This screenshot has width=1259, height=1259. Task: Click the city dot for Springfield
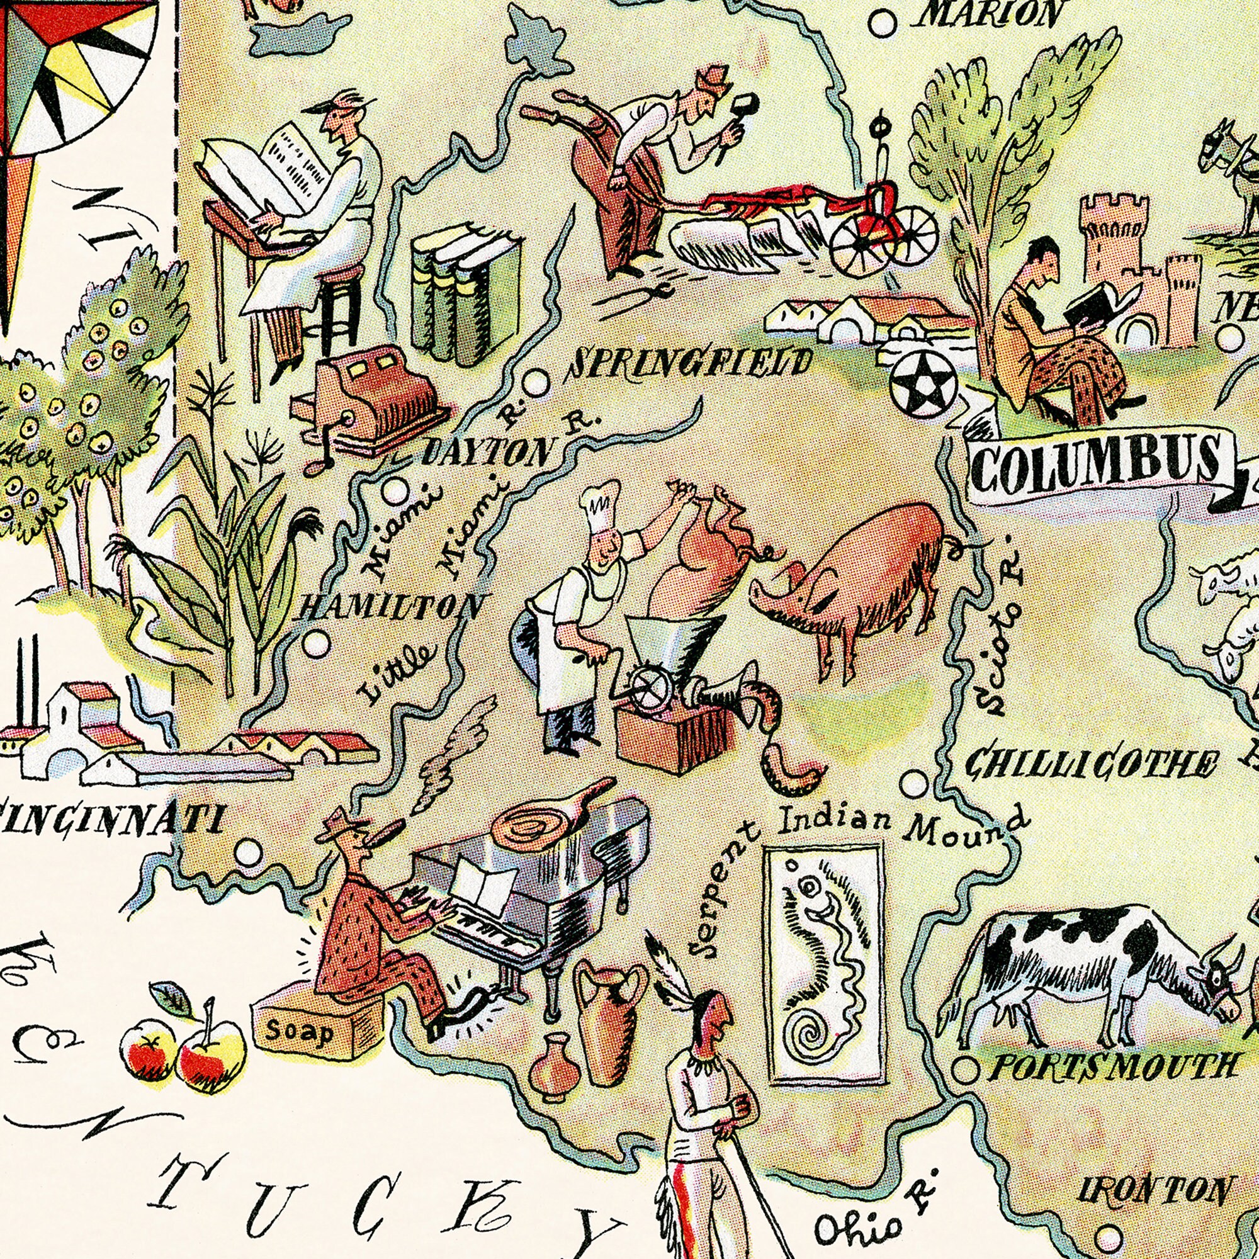point(536,383)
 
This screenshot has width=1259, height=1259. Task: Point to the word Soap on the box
point(300,1032)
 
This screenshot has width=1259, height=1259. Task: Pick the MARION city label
point(990,14)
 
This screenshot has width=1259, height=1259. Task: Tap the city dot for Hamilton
point(317,645)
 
